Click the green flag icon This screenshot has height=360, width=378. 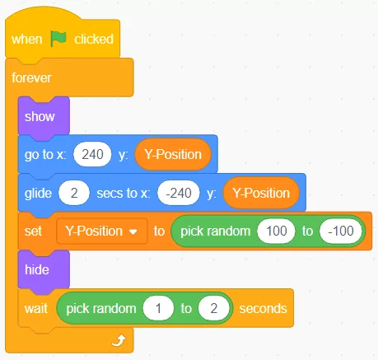[x=58, y=39]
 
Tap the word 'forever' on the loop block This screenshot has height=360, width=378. [x=31, y=77]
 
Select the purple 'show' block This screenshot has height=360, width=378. [x=44, y=116]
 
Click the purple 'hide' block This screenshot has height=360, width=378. [x=44, y=269]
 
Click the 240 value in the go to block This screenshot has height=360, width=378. [x=92, y=154]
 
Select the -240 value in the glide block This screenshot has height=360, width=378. [x=179, y=193]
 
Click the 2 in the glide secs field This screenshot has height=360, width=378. [x=74, y=193]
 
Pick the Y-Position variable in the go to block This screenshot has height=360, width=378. [x=173, y=154]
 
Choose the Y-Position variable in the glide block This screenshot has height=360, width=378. [x=261, y=193]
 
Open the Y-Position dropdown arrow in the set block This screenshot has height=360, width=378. [x=133, y=231]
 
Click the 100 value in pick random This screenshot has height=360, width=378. [x=276, y=231]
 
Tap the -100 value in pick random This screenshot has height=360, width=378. [x=341, y=231]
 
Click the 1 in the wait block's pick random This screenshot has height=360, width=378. [x=158, y=308]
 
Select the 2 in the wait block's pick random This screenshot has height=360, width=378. [x=214, y=308]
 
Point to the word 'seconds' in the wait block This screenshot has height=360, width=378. [x=263, y=308]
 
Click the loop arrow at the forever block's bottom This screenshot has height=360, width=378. [x=119, y=340]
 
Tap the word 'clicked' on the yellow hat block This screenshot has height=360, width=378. [x=94, y=39]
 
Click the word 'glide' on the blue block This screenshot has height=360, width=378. [x=38, y=194]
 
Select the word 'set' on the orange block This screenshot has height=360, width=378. [x=33, y=231]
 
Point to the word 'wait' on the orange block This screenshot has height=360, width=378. [x=36, y=308]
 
